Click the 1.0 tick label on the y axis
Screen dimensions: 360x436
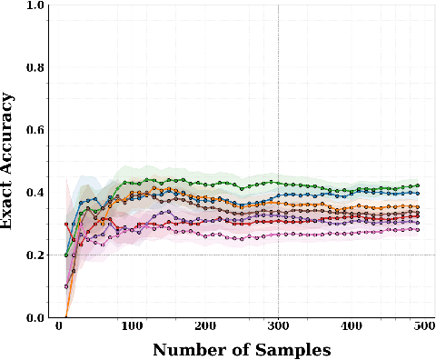(35, 6)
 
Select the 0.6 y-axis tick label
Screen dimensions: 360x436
(35, 130)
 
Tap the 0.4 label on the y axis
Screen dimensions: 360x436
(35, 193)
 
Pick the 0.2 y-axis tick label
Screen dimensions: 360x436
(35, 255)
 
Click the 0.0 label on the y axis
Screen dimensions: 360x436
(35, 317)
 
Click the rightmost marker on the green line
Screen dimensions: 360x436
(416, 185)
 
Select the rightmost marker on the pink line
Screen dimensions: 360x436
(416, 229)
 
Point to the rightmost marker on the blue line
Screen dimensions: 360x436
(416, 193)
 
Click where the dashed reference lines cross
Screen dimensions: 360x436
(278, 255)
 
